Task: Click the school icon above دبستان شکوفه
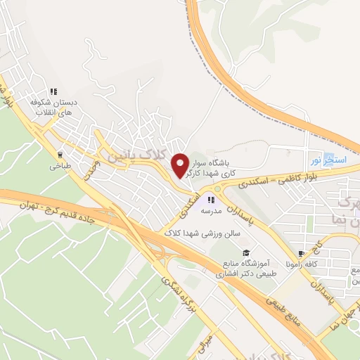coord(53,91)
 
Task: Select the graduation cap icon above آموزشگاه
coord(245,252)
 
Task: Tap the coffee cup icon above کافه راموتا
coord(301,254)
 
